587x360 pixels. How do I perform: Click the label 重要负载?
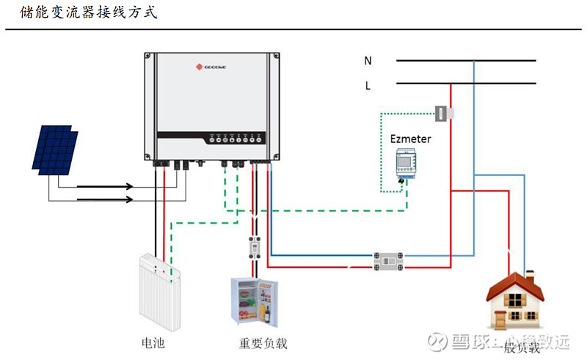[262, 342]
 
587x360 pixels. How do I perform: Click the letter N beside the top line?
[368, 61]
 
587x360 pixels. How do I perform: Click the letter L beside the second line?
[368, 86]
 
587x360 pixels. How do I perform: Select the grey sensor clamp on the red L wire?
[445, 114]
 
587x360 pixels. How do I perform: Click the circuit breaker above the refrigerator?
[255, 248]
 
